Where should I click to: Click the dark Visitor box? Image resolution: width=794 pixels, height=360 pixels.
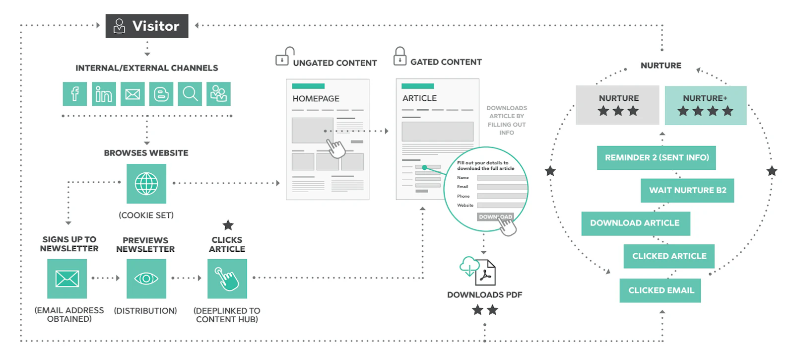[x=147, y=26]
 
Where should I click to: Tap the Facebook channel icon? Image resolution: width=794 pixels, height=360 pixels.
[x=75, y=94]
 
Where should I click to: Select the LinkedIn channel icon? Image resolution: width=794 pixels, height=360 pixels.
[x=104, y=94]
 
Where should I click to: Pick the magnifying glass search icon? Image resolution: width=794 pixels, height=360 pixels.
[x=190, y=94]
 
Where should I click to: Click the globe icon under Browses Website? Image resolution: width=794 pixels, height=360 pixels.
[x=146, y=184]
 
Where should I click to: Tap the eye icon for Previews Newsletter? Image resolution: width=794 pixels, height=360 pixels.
[x=146, y=279]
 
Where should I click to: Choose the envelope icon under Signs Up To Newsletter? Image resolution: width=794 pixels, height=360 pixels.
[x=67, y=279]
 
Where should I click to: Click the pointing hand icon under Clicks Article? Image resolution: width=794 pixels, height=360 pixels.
[x=227, y=279]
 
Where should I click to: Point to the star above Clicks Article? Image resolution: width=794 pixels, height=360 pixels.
[x=228, y=225]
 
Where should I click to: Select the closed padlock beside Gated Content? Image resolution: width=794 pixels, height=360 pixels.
[x=400, y=56]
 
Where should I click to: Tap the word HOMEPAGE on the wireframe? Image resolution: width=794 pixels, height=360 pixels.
[x=316, y=99]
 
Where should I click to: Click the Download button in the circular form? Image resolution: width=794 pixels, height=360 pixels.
[x=496, y=216]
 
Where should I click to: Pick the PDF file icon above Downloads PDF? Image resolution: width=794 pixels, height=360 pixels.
[x=485, y=273]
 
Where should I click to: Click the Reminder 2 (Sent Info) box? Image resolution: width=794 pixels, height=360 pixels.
[x=657, y=158]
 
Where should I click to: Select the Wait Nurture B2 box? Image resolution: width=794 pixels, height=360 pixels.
[x=687, y=191]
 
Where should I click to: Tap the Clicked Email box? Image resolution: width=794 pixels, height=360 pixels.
[x=661, y=290]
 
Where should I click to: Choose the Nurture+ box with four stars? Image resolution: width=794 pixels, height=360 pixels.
[x=706, y=105]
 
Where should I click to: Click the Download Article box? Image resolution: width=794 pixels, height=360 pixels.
[x=636, y=223]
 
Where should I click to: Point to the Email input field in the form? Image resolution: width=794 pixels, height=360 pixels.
[x=502, y=187]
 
